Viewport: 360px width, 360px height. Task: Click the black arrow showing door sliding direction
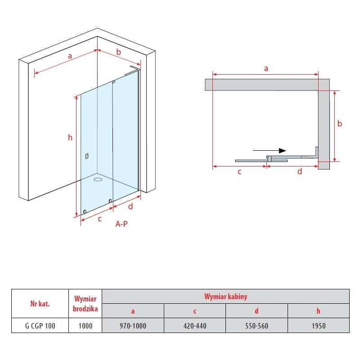coord(269,151)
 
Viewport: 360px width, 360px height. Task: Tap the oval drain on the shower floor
coord(98,179)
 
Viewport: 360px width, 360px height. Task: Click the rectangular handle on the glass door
coord(87,156)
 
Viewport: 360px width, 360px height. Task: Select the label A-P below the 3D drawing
coord(121,224)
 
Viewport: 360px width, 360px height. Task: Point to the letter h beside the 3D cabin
coord(70,138)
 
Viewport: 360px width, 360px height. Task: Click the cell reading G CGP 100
coord(40,325)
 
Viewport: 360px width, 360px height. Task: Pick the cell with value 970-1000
coord(133,325)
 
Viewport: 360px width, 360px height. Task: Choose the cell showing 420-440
coord(195,325)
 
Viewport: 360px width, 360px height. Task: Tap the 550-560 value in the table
coord(256,325)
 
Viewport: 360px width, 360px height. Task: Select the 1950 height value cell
coord(319,325)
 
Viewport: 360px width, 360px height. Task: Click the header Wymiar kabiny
coord(226,297)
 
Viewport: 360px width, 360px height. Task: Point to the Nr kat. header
coord(40,304)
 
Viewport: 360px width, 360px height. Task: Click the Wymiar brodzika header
coord(85,304)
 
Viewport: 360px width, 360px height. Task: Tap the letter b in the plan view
coord(340,124)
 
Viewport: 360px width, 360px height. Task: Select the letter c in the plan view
coord(239,172)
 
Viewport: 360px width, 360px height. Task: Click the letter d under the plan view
coord(300,171)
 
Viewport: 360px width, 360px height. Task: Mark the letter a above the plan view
coord(266,68)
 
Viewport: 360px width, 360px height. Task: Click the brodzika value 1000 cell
coord(85,325)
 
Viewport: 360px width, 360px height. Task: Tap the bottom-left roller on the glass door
coord(85,211)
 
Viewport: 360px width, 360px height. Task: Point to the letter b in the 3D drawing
coord(118,52)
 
